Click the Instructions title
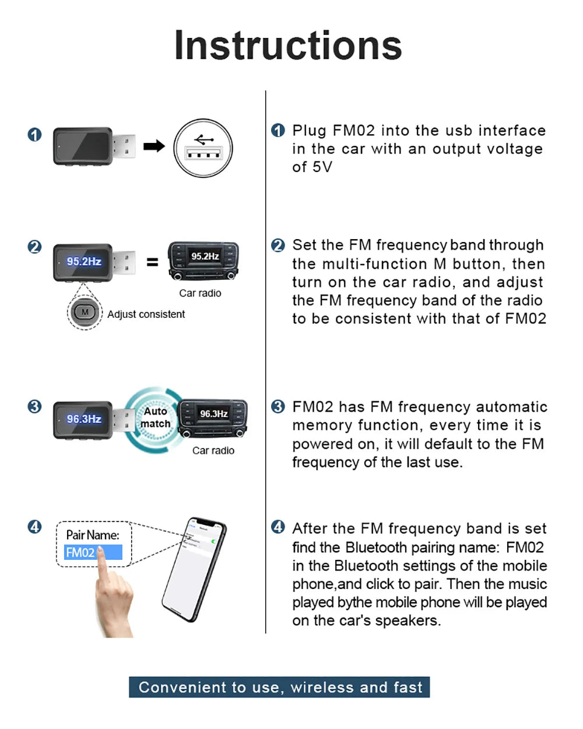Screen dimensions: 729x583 tap(288, 45)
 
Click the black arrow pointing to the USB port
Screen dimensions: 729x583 tap(154, 146)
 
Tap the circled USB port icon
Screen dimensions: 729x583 tap(203, 148)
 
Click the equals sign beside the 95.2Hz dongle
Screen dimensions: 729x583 tap(152, 262)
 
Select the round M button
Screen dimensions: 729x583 tap(85, 312)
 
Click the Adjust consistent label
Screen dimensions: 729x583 tap(146, 314)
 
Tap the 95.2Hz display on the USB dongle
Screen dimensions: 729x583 tap(83, 262)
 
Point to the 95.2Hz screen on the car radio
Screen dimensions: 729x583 tap(205, 257)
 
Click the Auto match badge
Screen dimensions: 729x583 tap(156, 418)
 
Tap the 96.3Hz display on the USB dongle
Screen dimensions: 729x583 tap(83, 419)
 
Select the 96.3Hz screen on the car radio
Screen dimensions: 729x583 tap(213, 413)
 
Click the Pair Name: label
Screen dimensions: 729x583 tap(93, 535)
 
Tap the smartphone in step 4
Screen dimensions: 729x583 tap(192, 569)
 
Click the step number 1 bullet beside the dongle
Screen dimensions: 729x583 tap(34, 135)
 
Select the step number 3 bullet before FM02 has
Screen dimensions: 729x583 tap(278, 406)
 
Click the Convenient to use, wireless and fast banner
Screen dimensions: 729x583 tap(279, 687)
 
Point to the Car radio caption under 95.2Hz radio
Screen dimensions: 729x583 tap(200, 293)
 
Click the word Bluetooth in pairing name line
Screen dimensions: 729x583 tap(375, 548)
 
